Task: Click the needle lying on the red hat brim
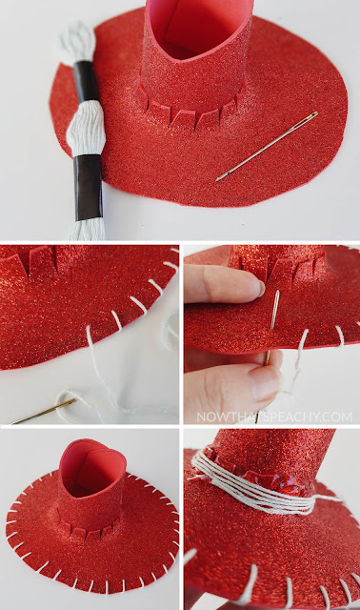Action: click(268, 146)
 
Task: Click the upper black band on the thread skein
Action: click(86, 81)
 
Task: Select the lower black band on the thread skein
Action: click(89, 187)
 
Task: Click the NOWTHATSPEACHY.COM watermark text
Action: click(274, 417)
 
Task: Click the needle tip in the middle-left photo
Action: click(11, 422)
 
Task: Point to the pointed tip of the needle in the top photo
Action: click(218, 179)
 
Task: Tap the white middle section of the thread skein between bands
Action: click(87, 129)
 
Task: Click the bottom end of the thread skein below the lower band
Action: click(87, 230)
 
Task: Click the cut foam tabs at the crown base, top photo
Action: click(190, 111)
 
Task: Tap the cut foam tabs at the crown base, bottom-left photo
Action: click(89, 526)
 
